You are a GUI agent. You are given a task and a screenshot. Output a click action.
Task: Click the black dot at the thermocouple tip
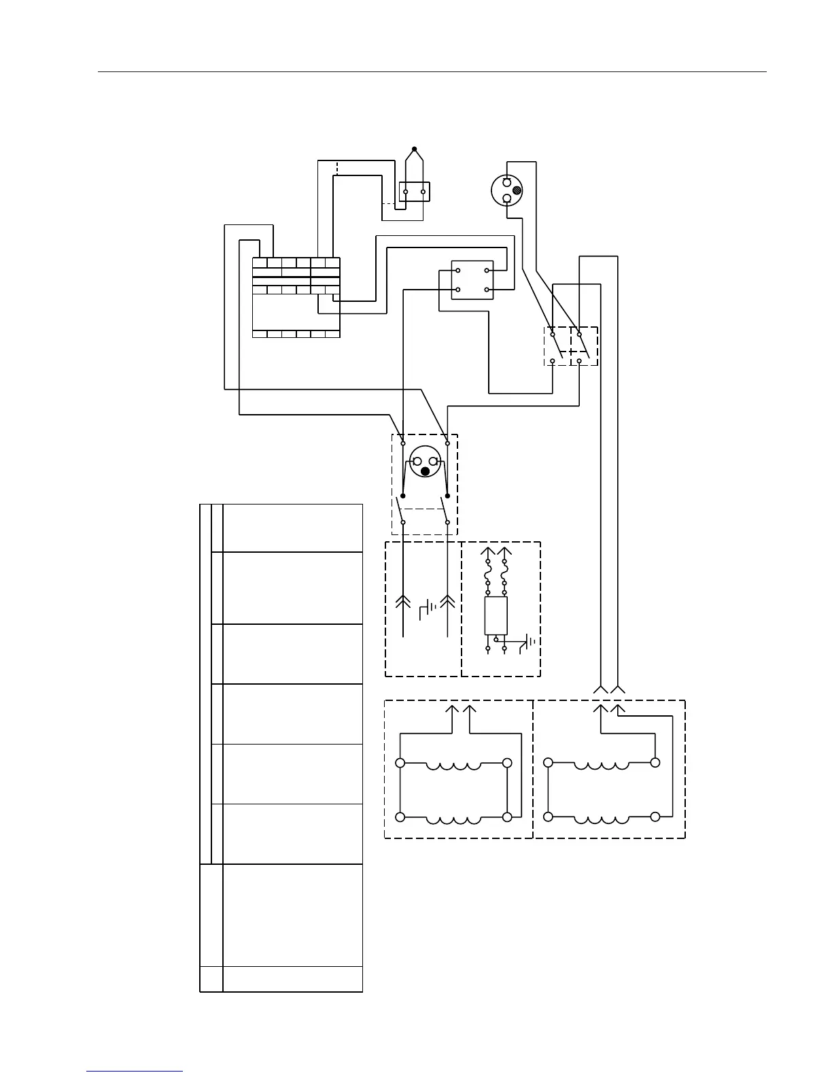pyautogui.click(x=415, y=149)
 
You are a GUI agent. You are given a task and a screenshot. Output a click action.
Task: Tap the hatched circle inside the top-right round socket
pyautogui.click(x=516, y=191)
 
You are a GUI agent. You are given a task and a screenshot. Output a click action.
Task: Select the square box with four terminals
pyautogui.click(x=472, y=280)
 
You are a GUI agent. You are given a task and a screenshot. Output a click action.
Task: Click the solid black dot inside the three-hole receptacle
pyautogui.click(x=426, y=471)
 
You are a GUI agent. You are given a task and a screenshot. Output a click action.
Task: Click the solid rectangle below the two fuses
pyautogui.click(x=496, y=616)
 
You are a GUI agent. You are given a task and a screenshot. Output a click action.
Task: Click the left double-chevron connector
pyautogui.click(x=403, y=601)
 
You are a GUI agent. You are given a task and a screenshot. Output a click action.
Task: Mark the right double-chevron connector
pyautogui.click(x=447, y=601)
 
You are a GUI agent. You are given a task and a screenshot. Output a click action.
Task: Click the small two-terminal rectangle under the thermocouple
pyautogui.click(x=415, y=192)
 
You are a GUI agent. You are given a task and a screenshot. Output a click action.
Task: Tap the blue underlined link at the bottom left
pyautogui.click(x=135, y=1072)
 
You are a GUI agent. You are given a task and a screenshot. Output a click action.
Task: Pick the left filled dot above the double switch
pyautogui.click(x=403, y=496)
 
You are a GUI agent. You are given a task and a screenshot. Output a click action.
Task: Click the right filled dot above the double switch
pyautogui.click(x=447, y=496)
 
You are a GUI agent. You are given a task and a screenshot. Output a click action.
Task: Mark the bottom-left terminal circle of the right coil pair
pyautogui.click(x=549, y=817)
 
